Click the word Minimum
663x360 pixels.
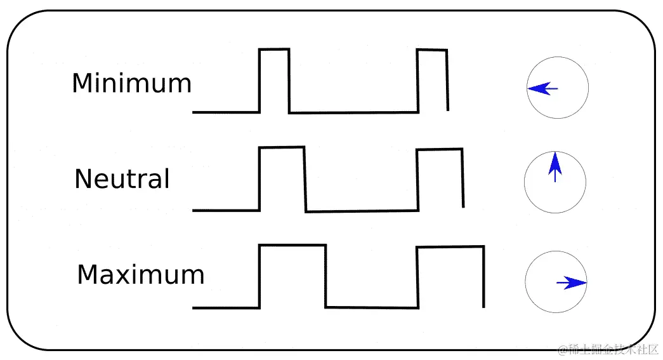tap(131, 83)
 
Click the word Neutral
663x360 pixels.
tap(122, 179)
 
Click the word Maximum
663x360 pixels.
tap(140, 275)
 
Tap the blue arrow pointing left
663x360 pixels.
tap(542, 89)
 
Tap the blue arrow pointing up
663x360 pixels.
tap(555, 166)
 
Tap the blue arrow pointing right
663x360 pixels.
tap(572, 283)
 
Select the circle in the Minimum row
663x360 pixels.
tap(558, 88)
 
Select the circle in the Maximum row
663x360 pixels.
tap(556, 282)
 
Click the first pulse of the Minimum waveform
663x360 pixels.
tap(274, 79)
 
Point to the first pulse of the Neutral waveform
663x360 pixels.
tap(282, 178)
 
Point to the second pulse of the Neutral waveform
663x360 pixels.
tap(440, 178)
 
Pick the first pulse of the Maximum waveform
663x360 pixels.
tap(292, 276)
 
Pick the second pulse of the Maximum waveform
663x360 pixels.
tap(450, 276)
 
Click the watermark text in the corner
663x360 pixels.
tap(608, 349)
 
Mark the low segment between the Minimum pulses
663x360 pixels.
tap(353, 112)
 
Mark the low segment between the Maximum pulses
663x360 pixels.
tap(372, 307)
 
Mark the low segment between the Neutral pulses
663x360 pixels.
tap(362, 211)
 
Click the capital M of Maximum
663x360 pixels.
tap(87, 275)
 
